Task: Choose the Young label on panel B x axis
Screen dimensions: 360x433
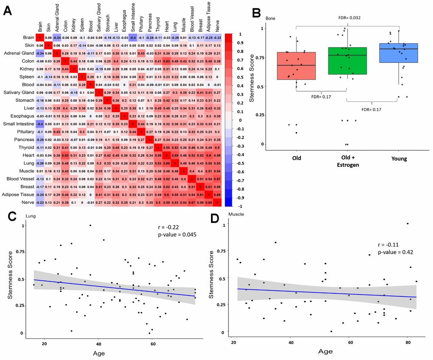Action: pos(399,159)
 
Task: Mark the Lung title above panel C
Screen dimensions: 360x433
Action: pos(31,216)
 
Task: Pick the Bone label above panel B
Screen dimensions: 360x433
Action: pos(271,18)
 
